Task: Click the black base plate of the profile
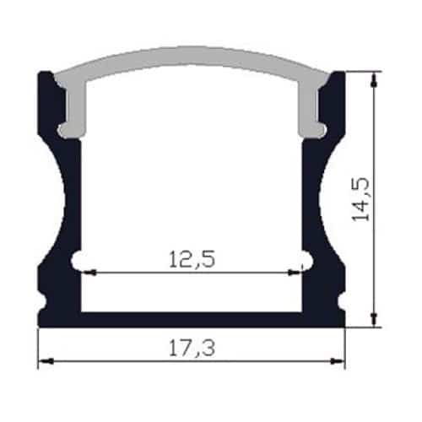point(192,319)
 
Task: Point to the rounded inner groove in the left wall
point(78,260)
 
